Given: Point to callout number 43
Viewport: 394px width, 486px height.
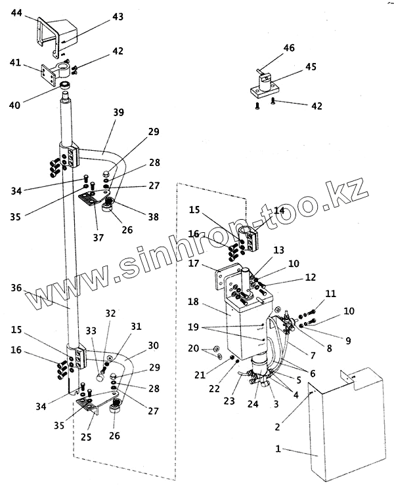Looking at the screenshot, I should click(117, 16).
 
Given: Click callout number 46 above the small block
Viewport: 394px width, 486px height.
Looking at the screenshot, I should click(288, 48).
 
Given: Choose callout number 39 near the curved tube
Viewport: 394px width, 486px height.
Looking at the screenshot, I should click(118, 112).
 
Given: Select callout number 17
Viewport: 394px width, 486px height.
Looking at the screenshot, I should click(194, 264).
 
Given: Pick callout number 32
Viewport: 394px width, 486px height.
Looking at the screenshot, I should click(110, 314).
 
